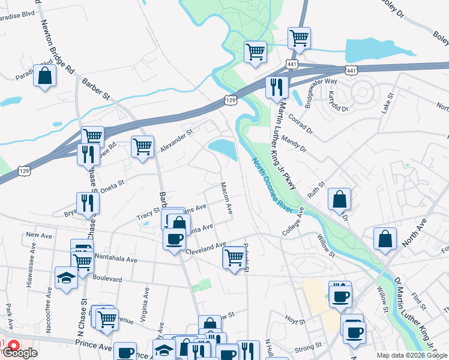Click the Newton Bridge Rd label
tap(57, 46)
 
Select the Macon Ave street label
tap(226, 198)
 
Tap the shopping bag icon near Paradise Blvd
tap(44, 76)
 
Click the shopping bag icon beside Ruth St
tap(340, 200)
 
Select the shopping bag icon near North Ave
tap(385, 238)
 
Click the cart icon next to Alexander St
tap(143, 146)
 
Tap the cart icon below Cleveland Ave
tap(234, 257)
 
